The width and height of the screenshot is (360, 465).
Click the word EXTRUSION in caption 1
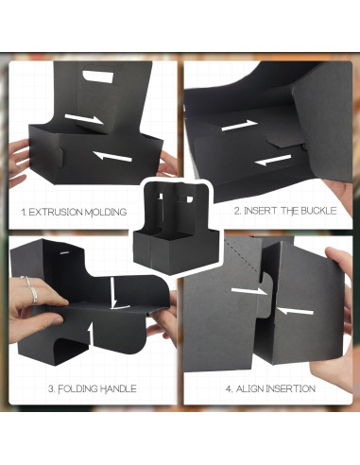[x=56, y=213]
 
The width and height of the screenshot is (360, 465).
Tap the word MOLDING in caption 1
[x=103, y=213]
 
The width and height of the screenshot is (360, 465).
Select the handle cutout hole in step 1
[x=97, y=76]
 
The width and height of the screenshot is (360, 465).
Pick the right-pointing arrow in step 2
[x=237, y=125]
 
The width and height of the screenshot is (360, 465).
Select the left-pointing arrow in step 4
[x=296, y=309]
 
